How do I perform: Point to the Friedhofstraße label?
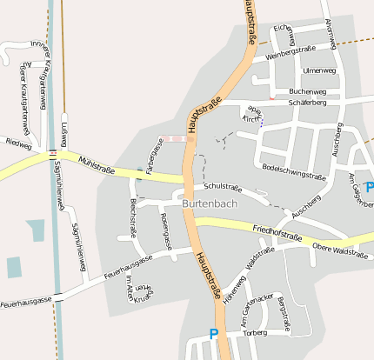(x=277, y=234)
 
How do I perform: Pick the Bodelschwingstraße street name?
(x=293, y=170)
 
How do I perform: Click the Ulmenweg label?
(x=319, y=70)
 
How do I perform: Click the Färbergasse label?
(x=154, y=156)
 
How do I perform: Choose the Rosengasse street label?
(x=166, y=230)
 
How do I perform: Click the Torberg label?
(x=255, y=332)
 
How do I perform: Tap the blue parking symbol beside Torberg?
(x=215, y=332)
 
